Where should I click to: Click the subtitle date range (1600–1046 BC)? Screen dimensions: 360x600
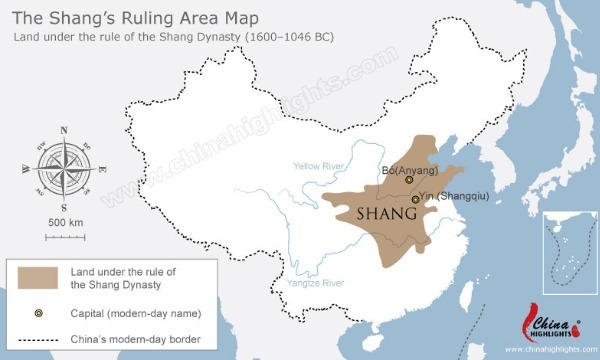pyautogui.click(x=281, y=37)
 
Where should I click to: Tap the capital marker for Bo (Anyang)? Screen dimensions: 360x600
pyautogui.click(x=409, y=181)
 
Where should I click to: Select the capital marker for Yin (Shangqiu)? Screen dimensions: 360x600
pyautogui.click(x=415, y=199)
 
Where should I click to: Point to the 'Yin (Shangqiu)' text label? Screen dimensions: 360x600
pyautogui.click(x=454, y=197)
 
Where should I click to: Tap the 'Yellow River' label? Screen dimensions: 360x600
pyautogui.click(x=320, y=166)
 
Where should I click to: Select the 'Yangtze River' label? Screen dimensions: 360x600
pyautogui.click(x=314, y=284)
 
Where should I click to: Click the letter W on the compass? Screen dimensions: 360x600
pyautogui.click(x=24, y=169)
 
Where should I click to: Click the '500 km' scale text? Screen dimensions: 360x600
pyautogui.click(x=64, y=221)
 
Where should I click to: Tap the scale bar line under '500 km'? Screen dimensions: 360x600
pyautogui.click(x=64, y=235)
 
